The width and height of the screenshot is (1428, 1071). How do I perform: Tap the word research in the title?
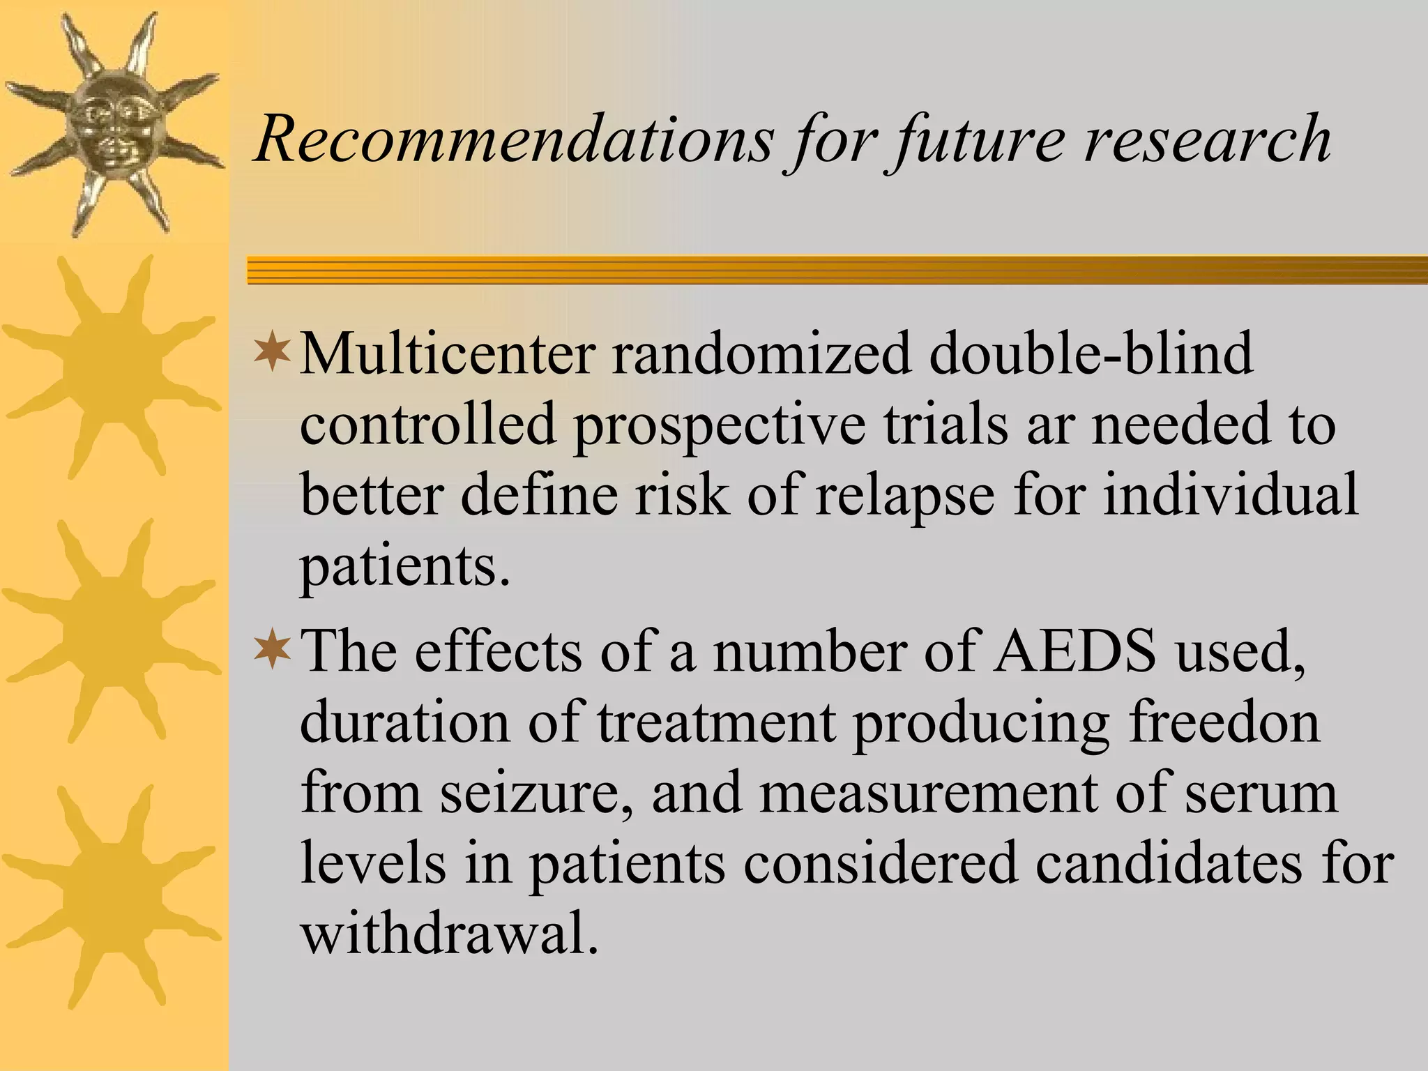(x=1206, y=139)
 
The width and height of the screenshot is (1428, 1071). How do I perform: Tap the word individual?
(x=1231, y=494)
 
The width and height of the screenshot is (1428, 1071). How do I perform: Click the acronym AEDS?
(x=1074, y=651)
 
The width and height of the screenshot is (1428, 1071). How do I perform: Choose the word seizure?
(x=530, y=795)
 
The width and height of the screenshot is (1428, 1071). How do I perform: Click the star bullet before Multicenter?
(x=273, y=353)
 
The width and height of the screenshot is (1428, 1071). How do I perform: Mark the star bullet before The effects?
(x=273, y=649)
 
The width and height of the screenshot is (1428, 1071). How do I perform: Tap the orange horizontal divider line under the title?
(x=837, y=270)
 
